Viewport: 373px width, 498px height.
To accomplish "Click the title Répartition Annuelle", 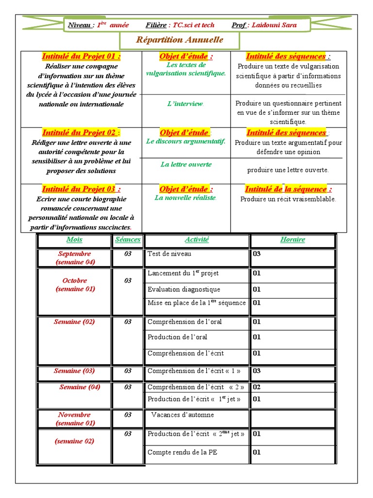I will (x=179, y=40).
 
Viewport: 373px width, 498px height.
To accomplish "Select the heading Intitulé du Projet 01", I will (x=81, y=56).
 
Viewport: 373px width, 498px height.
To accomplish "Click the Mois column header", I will (x=74, y=239).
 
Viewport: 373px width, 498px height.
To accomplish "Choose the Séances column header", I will (x=128, y=239).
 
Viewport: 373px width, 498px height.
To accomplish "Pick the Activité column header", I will (x=197, y=239).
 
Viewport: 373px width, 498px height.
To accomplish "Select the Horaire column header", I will (x=292, y=239).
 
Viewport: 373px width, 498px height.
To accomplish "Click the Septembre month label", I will (x=74, y=254).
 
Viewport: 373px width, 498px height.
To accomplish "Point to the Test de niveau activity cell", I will (x=170, y=254).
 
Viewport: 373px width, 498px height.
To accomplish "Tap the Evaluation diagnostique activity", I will (x=184, y=289).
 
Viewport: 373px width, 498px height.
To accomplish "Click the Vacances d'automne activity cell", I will (x=183, y=415).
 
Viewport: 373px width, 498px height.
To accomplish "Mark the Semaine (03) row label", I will (x=74, y=371).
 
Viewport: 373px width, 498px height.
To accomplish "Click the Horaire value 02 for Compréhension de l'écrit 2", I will (x=257, y=387).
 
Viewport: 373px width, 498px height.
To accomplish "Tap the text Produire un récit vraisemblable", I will (x=288, y=199).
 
